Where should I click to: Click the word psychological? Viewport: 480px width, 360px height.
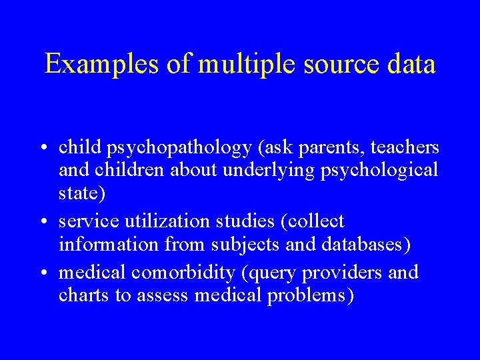click(x=379, y=170)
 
